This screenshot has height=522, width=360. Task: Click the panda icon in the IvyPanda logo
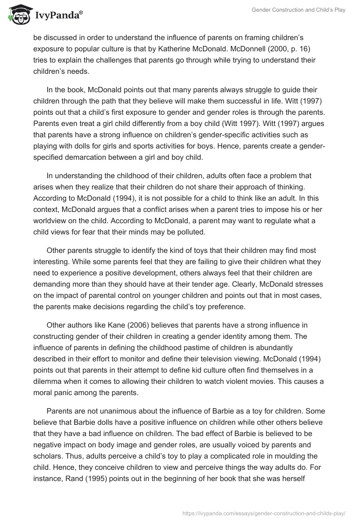tap(18, 14)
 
